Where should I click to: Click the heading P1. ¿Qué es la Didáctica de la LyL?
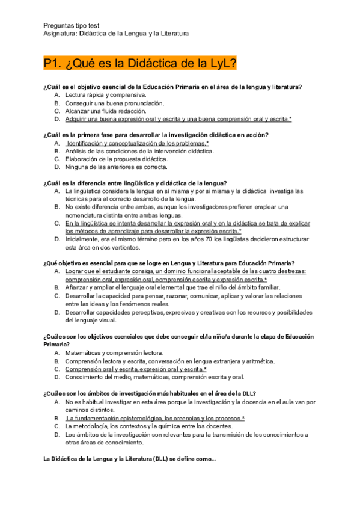[x=139, y=63]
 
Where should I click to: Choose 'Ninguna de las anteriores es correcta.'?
[x=117, y=167]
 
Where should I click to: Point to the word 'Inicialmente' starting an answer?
[x=83, y=239]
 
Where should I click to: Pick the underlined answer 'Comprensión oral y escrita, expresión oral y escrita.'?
[x=135, y=369]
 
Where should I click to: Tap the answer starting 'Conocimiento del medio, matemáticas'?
[x=154, y=377]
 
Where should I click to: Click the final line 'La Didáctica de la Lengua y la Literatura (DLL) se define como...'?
[x=129, y=459]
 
